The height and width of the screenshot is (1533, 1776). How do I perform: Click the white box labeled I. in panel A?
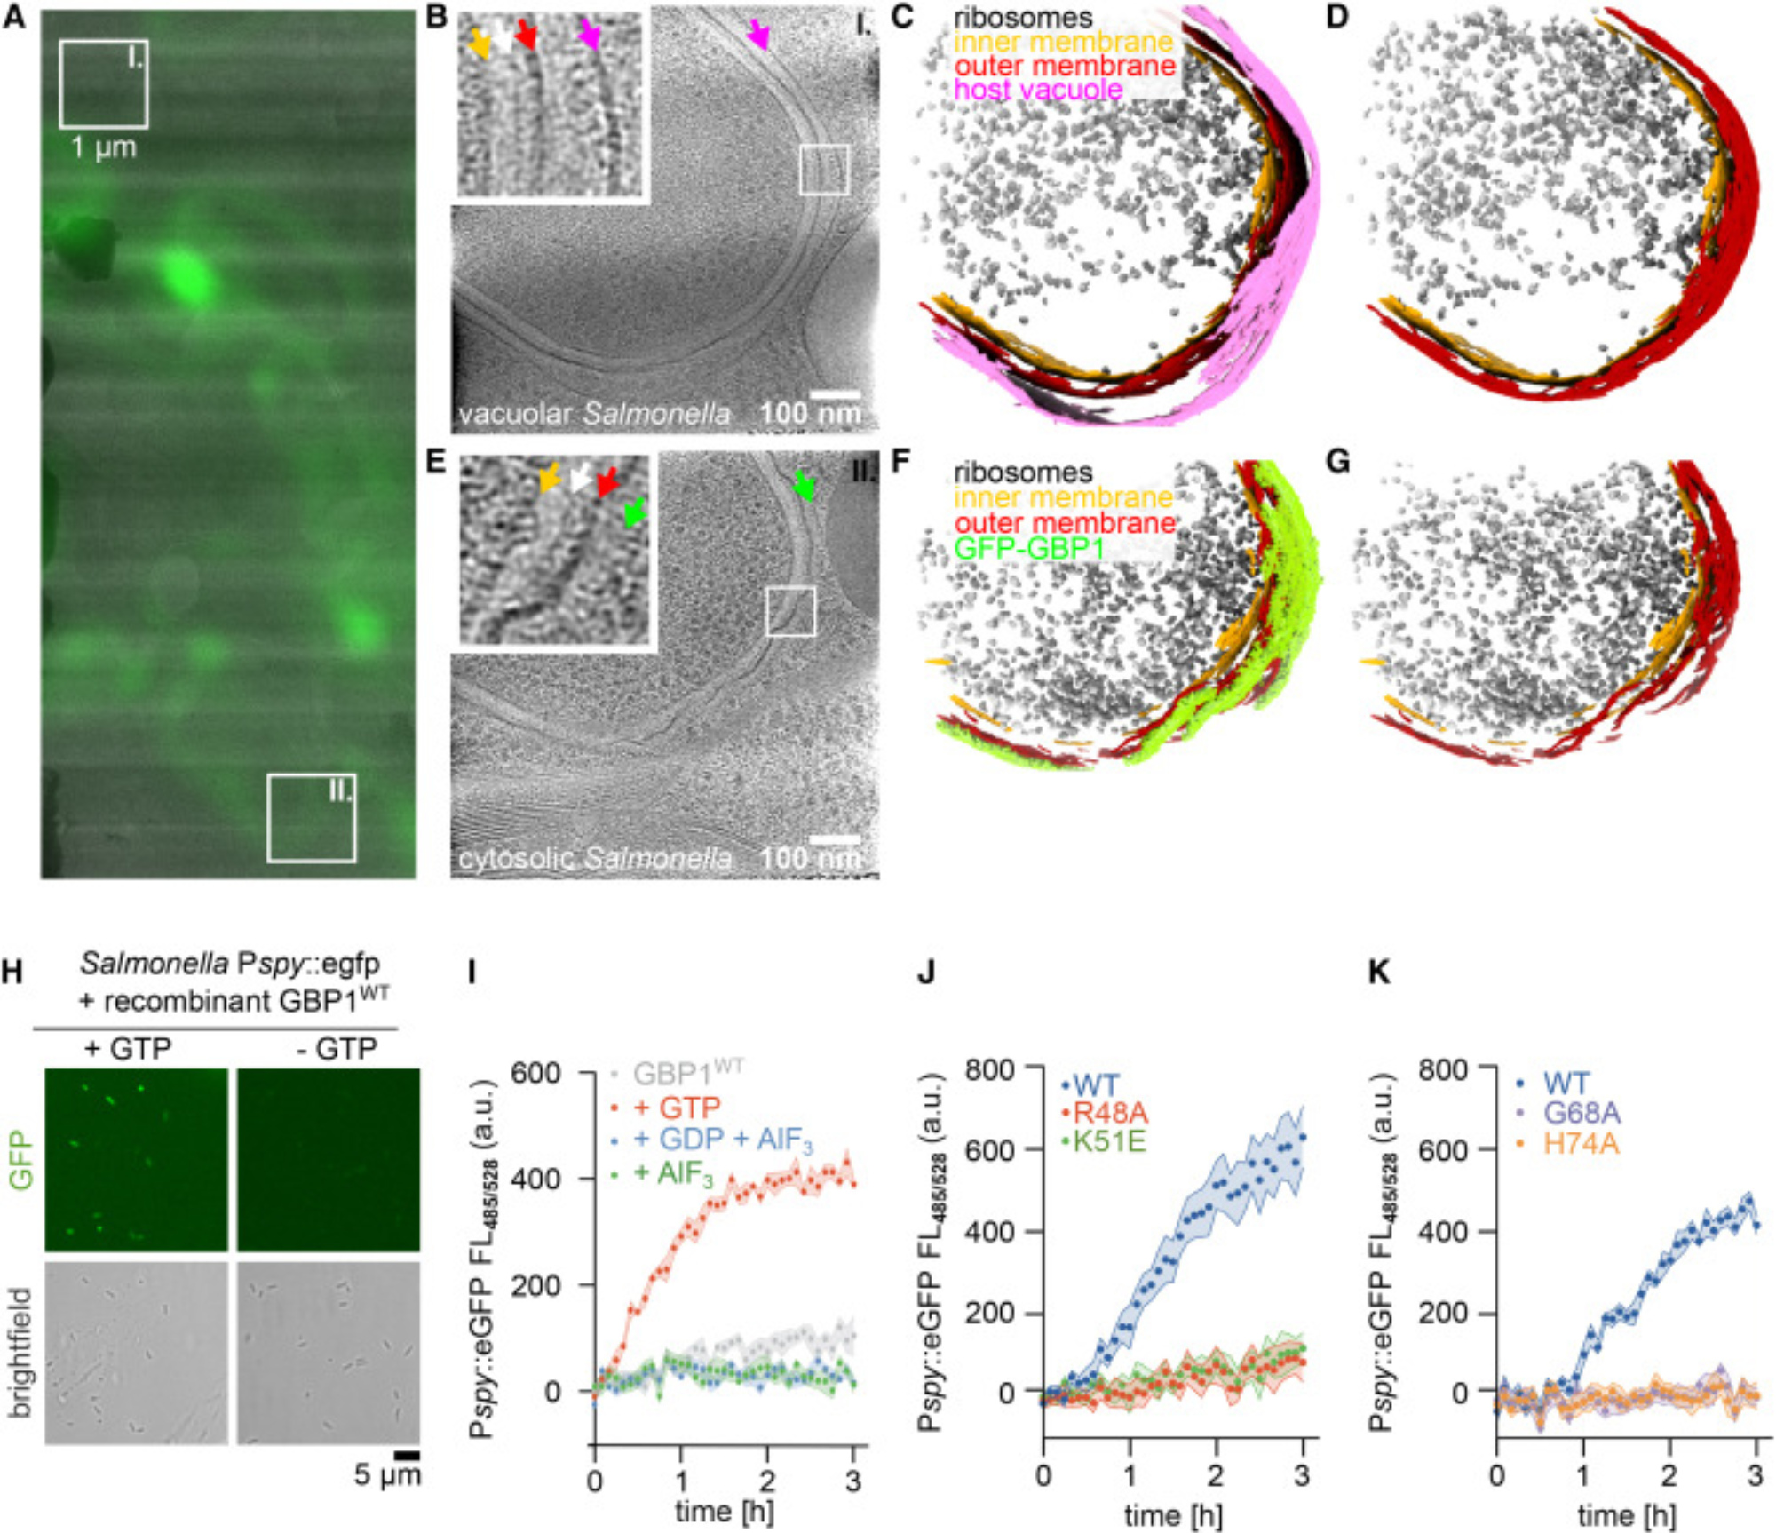(103, 84)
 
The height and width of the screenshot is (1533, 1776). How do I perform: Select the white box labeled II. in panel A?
(311, 818)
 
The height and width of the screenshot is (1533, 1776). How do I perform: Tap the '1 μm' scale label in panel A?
(104, 147)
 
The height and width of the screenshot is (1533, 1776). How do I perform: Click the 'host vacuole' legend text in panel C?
(1038, 90)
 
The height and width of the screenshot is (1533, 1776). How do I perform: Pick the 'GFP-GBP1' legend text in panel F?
(1029, 547)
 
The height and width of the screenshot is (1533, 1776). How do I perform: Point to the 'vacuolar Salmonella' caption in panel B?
(595, 414)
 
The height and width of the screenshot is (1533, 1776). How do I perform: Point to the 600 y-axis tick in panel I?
(535, 1073)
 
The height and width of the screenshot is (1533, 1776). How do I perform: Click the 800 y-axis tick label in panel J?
(990, 1068)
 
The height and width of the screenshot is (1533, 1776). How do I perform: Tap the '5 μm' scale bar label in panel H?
(387, 1475)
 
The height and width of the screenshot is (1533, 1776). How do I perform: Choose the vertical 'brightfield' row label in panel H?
(20, 1352)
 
